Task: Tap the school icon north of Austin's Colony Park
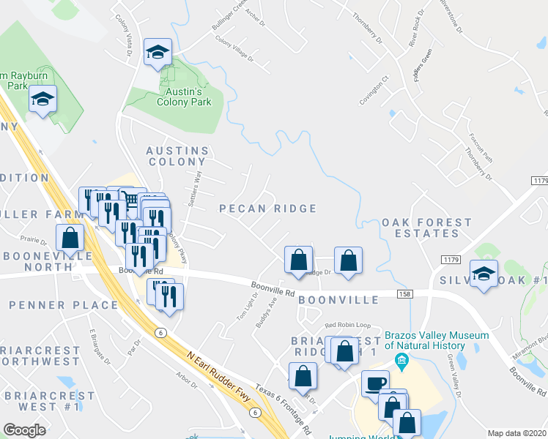158,52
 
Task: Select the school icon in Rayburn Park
43,98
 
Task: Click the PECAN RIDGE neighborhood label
268,209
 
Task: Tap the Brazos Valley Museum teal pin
401,360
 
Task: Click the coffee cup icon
376,383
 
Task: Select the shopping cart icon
130,199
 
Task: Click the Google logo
24,430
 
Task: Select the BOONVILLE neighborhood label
338,300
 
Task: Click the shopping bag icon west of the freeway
70,237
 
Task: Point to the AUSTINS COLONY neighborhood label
177,156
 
